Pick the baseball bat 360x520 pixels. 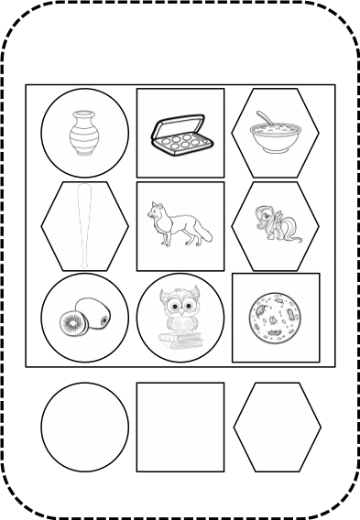click(84, 225)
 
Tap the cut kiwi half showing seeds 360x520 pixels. click(72, 322)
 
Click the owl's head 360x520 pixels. click(180, 301)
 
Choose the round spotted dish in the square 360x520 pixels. click(275, 317)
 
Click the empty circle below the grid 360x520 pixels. click(85, 428)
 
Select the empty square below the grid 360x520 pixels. click(180, 428)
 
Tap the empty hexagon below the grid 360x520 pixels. click(277, 428)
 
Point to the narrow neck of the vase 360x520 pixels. click(84, 118)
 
